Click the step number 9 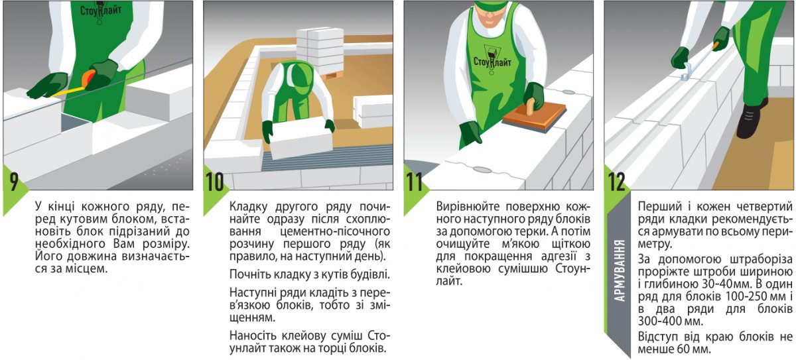click(13, 182)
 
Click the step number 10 click(215, 182)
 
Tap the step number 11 click(414, 182)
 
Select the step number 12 click(616, 182)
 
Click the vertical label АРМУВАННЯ click(620, 271)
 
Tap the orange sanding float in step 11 click(535, 118)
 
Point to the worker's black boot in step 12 click(750, 118)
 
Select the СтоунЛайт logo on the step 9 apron click(101, 10)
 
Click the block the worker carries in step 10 click(300, 138)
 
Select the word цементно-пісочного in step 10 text click(335, 232)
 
